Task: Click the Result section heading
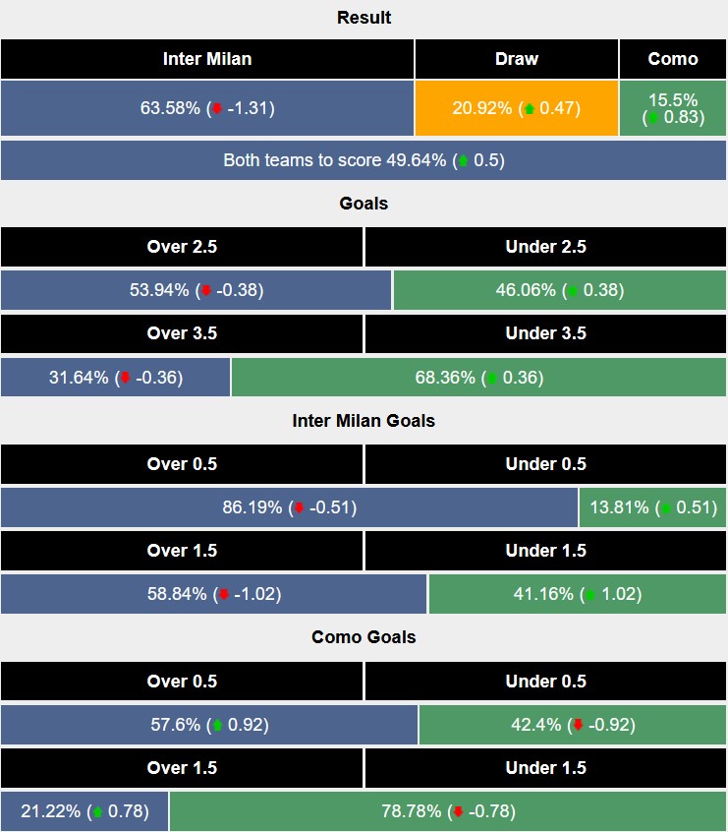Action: (x=364, y=18)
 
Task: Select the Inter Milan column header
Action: (x=206, y=59)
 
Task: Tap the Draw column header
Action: (x=516, y=59)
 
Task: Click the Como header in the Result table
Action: (x=673, y=59)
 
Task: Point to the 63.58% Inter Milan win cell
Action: (x=206, y=108)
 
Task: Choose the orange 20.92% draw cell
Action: (x=516, y=108)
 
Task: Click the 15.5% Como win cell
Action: (x=673, y=108)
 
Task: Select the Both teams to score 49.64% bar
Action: (x=364, y=160)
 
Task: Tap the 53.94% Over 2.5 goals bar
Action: (x=196, y=290)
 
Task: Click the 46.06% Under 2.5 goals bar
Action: (x=560, y=290)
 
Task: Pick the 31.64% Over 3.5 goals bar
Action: (x=115, y=378)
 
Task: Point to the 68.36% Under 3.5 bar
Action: (x=479, y=378)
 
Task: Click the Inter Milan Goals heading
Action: (x=364, y=421)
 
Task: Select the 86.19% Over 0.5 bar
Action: (x=289, y=507)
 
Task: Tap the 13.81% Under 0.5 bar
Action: (x=653, y=507)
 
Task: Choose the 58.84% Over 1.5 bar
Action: (x=213, y=594)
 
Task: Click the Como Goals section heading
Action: (x=364, y=637)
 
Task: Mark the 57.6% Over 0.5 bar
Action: (x=208, y=725)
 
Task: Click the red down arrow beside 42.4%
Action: (x=578, y=726)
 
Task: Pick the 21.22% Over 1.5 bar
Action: (x=84, y=811)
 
